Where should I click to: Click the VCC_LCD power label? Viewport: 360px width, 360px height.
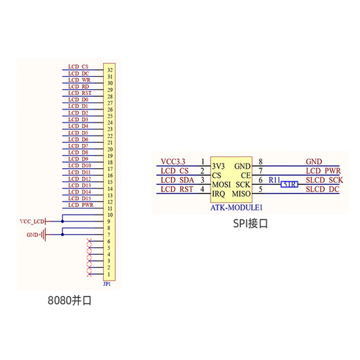point(32,221)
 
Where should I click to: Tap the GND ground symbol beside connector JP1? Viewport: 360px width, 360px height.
point(43,235)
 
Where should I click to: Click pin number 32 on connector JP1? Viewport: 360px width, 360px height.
point(110,70)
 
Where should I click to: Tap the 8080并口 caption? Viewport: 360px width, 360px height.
point(70,302)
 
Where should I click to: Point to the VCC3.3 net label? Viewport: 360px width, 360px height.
point(173,161)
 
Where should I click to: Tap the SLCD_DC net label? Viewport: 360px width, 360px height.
point(323,189)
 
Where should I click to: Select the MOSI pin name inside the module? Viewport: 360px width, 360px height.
point(222,185)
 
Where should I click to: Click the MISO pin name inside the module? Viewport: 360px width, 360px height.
point(242,194)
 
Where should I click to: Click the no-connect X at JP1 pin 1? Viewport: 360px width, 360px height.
point(89,274)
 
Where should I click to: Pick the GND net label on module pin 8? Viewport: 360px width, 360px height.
point(314,161)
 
